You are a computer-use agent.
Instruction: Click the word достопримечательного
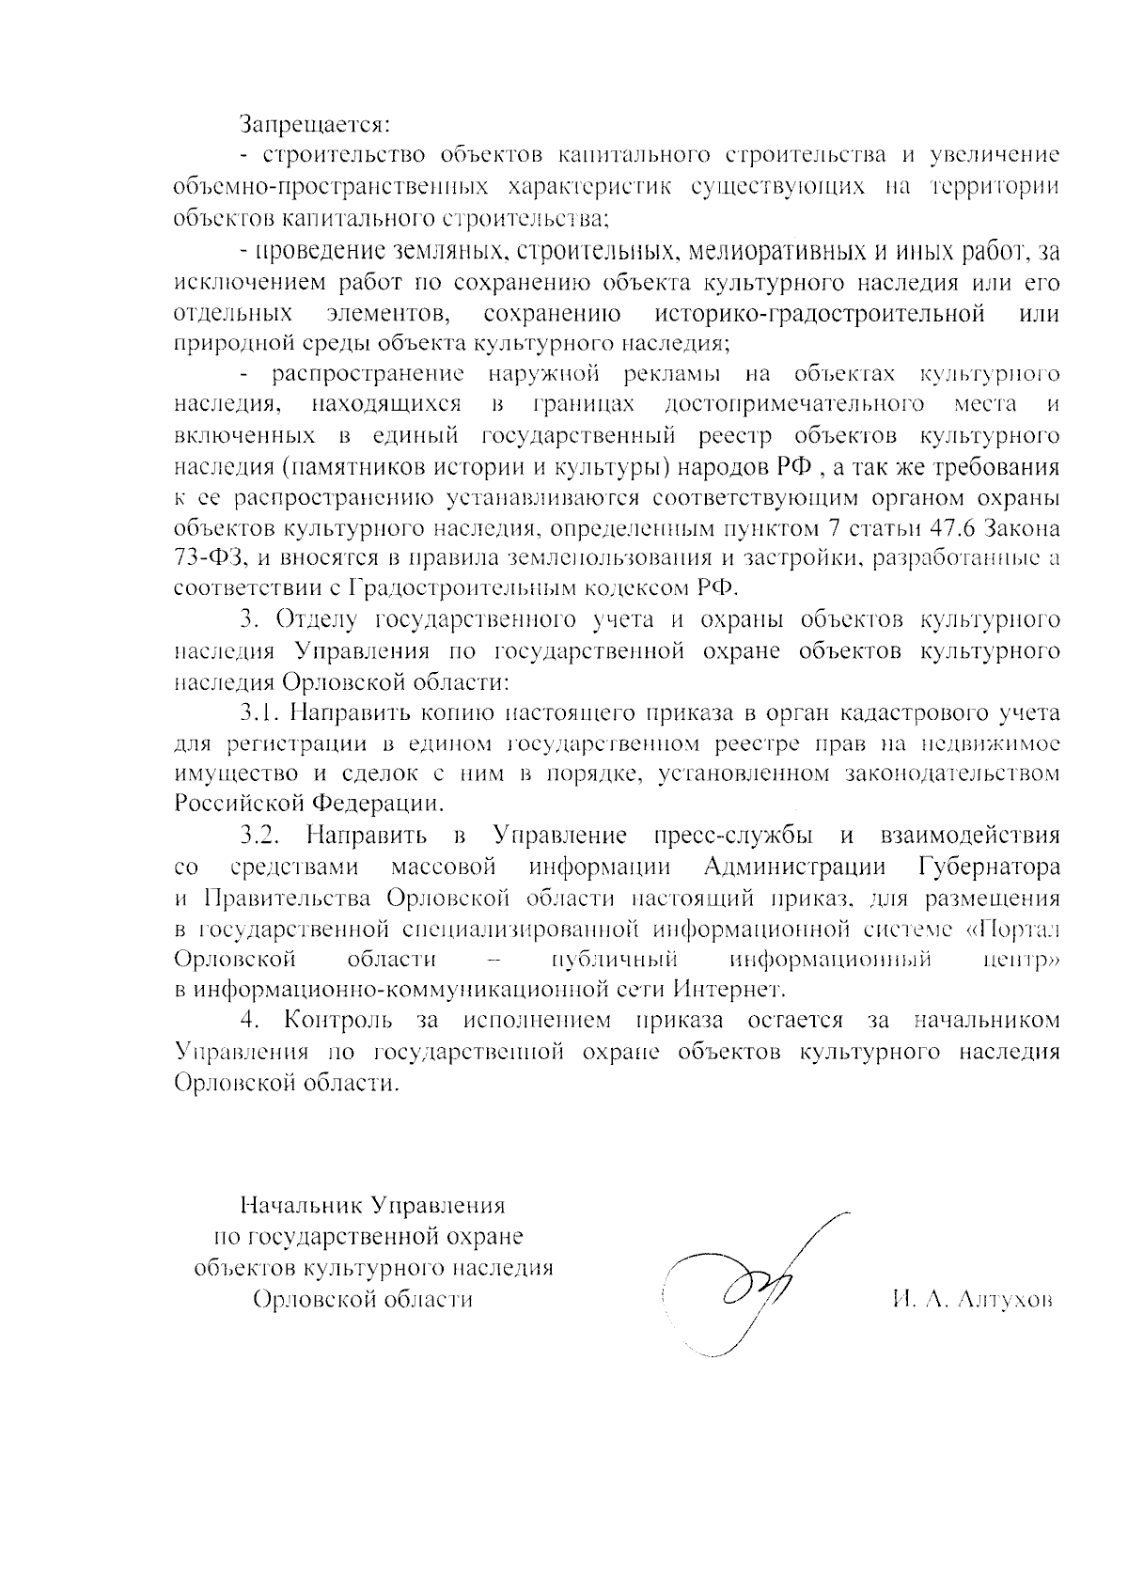point(791,405)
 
